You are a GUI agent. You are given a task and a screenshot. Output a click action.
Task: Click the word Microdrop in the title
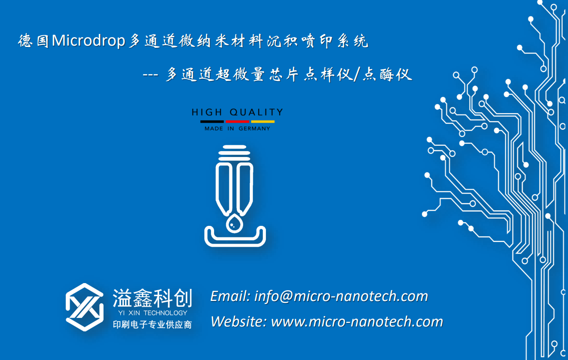click(x=88, y=41)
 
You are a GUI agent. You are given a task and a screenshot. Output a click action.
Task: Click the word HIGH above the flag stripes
click(x=207, y=112)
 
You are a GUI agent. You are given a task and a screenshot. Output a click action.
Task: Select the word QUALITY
click(x=256, y=112)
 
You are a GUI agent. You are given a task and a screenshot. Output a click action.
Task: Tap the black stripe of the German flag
click(x=212, y=122)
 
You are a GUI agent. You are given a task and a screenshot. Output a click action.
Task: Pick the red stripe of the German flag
click(x=237, y=122)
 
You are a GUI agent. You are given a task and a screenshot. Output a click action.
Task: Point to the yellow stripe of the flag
click(x=263, y=122)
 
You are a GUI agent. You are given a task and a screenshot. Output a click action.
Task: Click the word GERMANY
click(x=254, y=129)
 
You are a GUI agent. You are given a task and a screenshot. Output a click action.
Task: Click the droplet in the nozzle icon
click(x=234, y=223)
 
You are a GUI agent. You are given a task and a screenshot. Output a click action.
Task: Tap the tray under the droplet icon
click(x=235, y=241)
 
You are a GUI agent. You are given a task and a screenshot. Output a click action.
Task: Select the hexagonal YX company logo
click(x=84, y=307)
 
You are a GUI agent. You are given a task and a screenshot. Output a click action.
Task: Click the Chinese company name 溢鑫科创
click(x=152, y=298)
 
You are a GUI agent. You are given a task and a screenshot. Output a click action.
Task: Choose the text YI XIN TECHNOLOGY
click(x=153, y=313)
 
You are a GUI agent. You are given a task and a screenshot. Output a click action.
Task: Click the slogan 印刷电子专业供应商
click(x=152, y=325)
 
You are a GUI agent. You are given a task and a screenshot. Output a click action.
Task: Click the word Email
click(x=231, y=296)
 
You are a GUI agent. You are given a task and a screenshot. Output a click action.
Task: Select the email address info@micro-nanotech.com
click(x=341, y=296)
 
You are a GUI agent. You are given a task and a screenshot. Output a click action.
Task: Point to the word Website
click(x=239, y=322)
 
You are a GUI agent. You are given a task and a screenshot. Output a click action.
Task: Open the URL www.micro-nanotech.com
click(x=357, y=322)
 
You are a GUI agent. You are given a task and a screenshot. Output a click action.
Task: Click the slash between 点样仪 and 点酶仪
click(x=357, y=75)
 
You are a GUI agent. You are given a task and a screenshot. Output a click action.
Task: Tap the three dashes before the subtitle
click(x=150, y=75)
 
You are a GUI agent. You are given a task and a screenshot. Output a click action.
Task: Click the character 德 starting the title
click(x=25, y=41)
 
